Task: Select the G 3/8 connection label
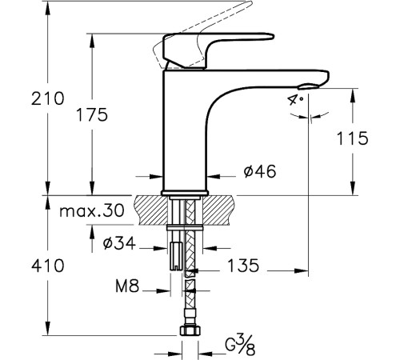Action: (234, 346)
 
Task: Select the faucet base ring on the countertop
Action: (184, 193)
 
